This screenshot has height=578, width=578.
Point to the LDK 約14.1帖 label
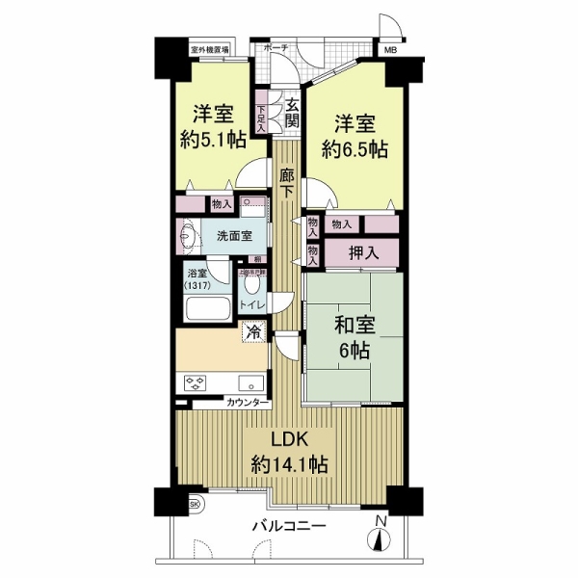[290, 451]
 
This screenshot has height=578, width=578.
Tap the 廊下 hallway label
[287, 182]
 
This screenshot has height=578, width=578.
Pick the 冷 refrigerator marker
[253, 332]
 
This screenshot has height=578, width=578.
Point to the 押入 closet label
[361, 252]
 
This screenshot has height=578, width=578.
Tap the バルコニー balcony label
[290, 526]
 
